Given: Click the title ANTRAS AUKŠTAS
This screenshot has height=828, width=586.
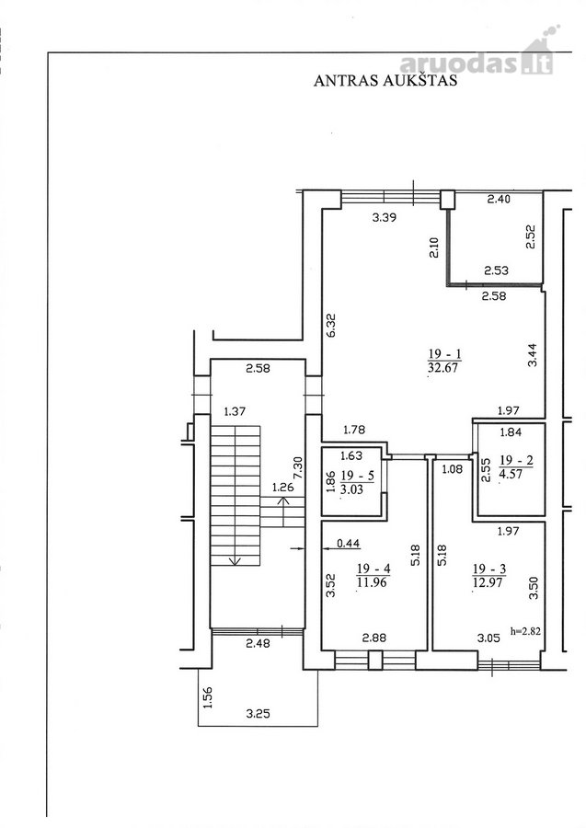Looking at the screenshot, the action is click(385, 80).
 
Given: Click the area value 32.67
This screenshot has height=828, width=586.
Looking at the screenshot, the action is click(443, 367).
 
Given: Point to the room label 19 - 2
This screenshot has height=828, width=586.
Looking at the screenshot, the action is click(516, 461).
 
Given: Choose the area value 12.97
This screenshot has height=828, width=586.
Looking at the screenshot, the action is click(488, 582).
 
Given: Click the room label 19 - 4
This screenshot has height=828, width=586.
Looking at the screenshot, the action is click(373, 569).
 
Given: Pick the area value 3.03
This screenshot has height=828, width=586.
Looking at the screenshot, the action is click(352, 489).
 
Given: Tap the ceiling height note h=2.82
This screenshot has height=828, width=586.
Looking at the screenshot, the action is click(525, 630).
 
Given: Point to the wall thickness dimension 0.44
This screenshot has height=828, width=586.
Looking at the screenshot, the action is click(349, 544).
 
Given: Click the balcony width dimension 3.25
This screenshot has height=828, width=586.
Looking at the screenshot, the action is click(259, 714).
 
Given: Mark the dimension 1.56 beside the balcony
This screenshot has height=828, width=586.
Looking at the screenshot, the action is click(208, 697).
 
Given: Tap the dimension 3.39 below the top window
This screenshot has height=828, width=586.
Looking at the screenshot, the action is click(385, 217).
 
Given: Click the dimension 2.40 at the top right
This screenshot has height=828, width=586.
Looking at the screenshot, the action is click(499, 199).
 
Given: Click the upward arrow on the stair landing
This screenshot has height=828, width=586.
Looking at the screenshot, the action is click(283, 512).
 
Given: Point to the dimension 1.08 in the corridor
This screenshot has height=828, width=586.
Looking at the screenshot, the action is click(452, 469).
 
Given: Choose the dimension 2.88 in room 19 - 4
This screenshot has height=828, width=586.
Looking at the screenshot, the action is click(373, 638).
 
